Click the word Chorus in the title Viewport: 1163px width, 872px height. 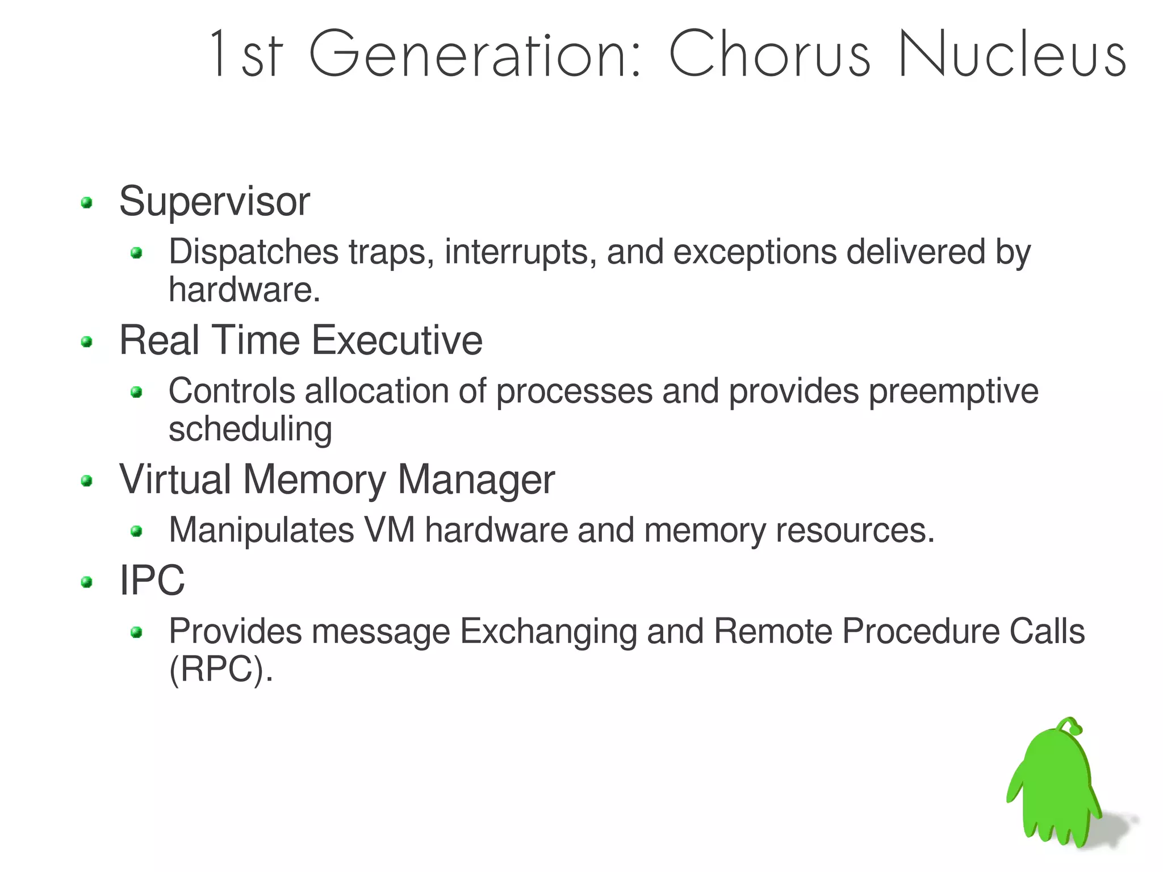coord(769,54)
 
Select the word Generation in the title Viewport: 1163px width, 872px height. coord(475,54)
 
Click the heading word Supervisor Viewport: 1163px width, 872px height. coord(214,202)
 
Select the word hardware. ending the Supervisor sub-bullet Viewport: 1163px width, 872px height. coord(244,290)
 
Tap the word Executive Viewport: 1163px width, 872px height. coord(397,340)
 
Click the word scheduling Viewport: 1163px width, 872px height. coord(250,429)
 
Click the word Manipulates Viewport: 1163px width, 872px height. coord(261,530)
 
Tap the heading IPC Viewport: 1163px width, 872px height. coord(152,581)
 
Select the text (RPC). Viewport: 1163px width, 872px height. coord(221,669)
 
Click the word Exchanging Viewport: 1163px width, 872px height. coord(548,631)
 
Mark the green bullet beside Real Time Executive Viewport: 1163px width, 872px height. coord(86,342)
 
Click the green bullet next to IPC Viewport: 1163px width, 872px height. coord(86,582)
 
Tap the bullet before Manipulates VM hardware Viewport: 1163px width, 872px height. coord(136,532)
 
